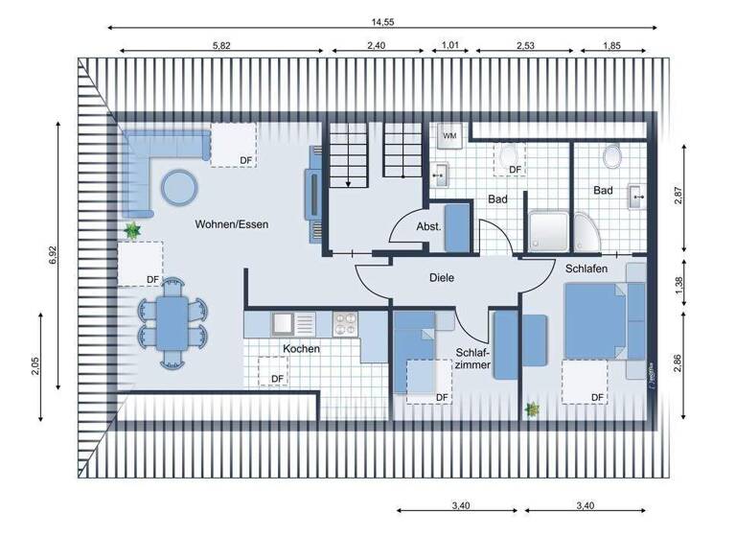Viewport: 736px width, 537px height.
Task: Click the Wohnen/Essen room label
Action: [231, 224]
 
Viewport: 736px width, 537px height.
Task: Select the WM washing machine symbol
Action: [449, 136]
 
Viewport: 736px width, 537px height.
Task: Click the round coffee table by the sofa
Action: [178, 185]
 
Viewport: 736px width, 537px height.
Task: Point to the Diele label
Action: [442, 278]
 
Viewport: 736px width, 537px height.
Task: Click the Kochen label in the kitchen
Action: [301, 349]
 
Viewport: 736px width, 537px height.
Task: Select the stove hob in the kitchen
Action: [344, 323]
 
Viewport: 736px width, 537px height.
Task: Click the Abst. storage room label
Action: [427, 227]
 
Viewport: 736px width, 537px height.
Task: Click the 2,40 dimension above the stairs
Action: [377, 44]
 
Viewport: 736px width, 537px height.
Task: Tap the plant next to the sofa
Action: [131, 230]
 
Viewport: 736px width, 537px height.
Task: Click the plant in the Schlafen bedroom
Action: [532, 409]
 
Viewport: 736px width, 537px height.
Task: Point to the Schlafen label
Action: [586, 269]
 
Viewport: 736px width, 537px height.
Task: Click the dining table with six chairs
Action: [173, 322]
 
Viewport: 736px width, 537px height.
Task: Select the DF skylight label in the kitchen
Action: [277, 379]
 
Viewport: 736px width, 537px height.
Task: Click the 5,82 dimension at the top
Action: [221, 44]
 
